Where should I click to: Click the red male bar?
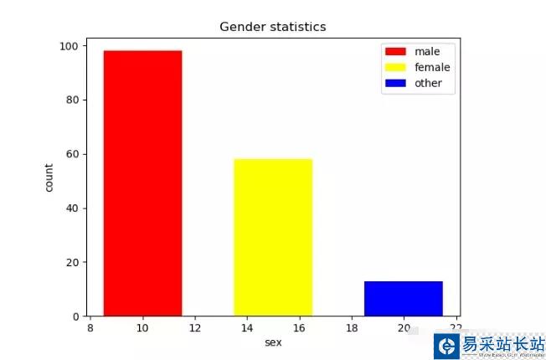coord(142,183)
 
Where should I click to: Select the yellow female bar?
coord(273,237)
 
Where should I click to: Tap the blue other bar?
coord(403,299)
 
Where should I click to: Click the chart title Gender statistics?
coord(272,27)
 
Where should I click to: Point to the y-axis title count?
coord(49,177)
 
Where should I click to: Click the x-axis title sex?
coord(273,342)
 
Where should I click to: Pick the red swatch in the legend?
coord(394,52)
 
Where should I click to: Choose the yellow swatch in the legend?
coord(394,68)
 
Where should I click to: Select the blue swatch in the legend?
coord(394,84)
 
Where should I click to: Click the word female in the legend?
coord(432,68)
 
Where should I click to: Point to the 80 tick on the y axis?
coord(73,100)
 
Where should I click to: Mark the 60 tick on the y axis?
coord(73,154)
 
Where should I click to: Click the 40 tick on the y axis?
coord(73,208)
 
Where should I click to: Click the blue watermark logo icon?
coord(447,346)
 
